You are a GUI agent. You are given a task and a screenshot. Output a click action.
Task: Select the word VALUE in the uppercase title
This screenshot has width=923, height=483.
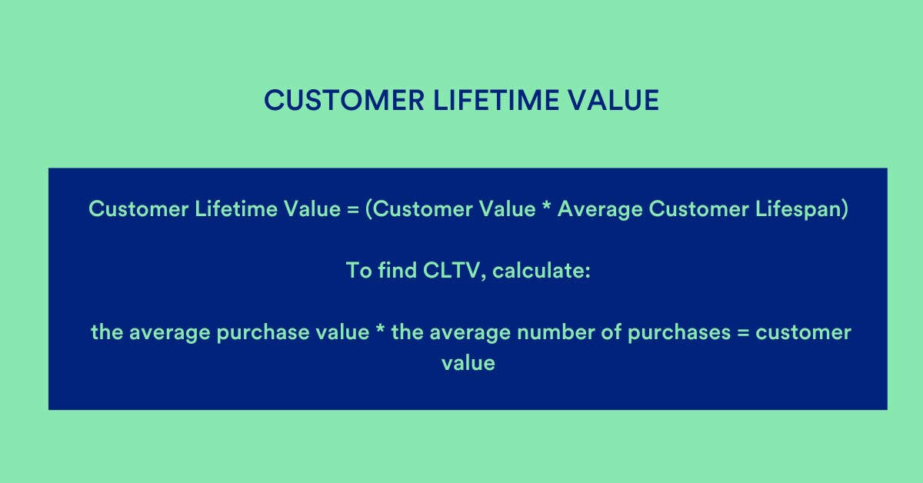pyautogui.click(x=618, y=101)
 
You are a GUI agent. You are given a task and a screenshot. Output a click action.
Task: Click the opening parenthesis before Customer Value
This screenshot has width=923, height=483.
pyautogui.click(x=369, y=210)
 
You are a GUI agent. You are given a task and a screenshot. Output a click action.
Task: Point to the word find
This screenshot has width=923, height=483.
pyautogui.click(x=396, y=271)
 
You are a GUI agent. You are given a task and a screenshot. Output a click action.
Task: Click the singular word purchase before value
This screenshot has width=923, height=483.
pyautogui.click(x=258, y=333)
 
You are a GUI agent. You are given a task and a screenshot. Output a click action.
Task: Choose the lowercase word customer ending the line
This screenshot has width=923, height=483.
pyautogui.click(x=803, y=333)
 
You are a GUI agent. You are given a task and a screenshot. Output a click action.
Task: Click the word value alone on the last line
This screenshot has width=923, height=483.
pyautogui.click(x=468, y=362)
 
